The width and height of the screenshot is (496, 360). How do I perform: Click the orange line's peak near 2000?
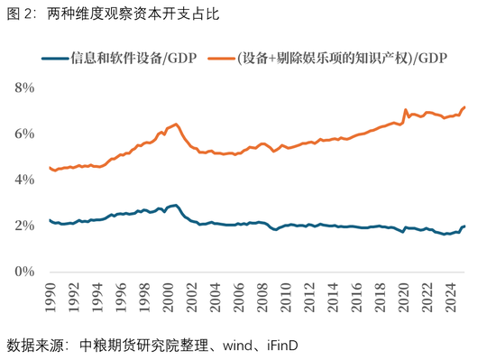tap(175, 124)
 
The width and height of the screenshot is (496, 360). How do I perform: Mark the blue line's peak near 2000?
tap(175, 205)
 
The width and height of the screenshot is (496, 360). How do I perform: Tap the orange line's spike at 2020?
tap(406, 109)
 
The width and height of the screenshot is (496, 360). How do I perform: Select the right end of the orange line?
tap(465, 106)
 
